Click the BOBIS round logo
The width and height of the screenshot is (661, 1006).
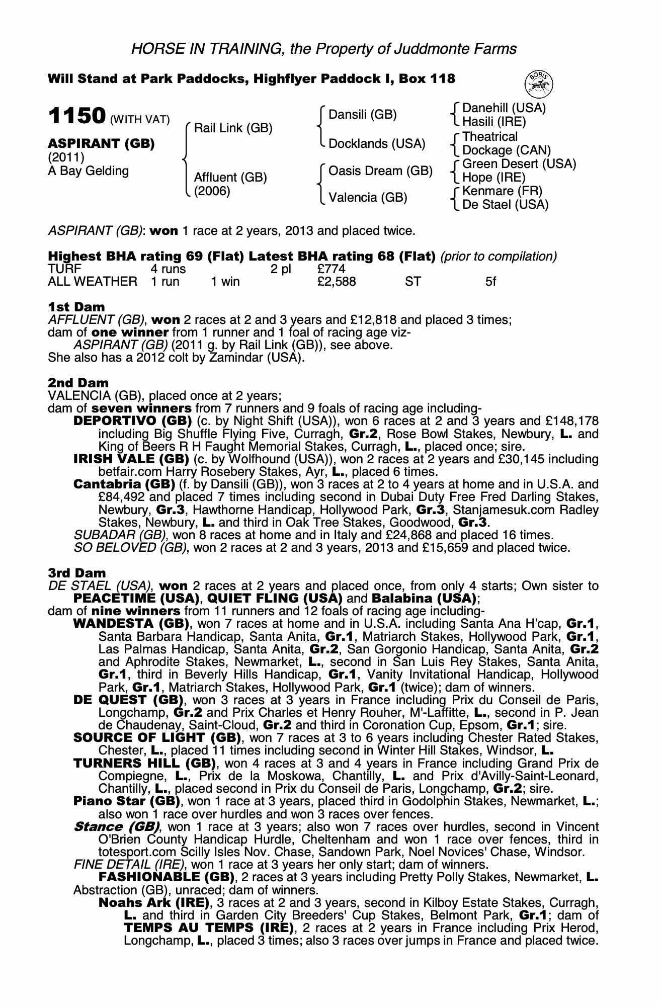point(539,83)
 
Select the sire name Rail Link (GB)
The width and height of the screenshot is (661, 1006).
point(233,128)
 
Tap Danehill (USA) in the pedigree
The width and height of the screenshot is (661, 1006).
point(504,108)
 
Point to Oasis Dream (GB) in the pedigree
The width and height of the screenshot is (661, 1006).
point(380,171)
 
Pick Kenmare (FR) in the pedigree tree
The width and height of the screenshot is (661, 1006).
point(502,191)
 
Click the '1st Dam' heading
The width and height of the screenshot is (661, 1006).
point(76,307)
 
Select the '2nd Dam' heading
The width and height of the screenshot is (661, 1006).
point(78,383)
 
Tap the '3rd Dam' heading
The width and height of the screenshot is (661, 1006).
point(77,573)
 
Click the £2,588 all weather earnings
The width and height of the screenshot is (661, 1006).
point(337,282)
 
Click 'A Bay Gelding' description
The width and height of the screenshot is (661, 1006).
point(89,171)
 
